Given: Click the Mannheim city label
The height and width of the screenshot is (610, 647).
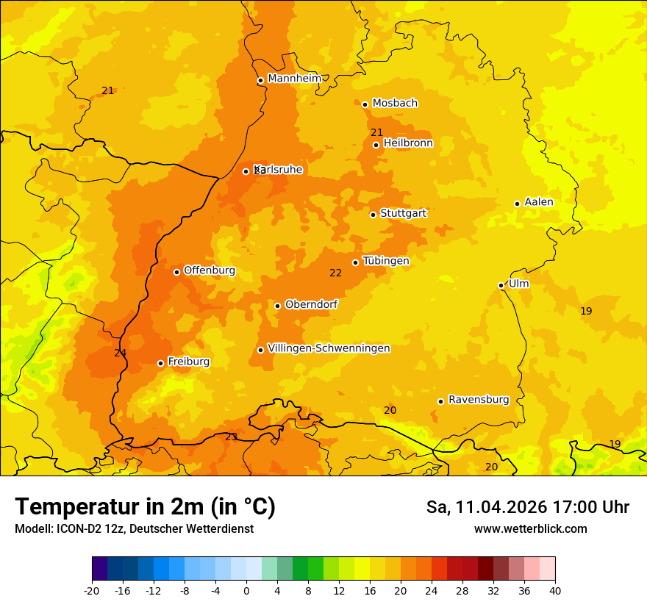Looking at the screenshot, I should pyautogui.click(x=294, y=78).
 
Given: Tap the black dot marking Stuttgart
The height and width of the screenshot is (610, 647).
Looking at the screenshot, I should pyautogui.click(x=373, y=215).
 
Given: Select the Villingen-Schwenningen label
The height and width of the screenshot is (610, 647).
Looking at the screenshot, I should pyautogui.click(x=329, y=348).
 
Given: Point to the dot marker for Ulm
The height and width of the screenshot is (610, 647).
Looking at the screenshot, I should pyautogui.click(x=501, y=285).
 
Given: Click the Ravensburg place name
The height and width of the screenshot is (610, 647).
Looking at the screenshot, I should pyautogui.click(x=479, y=400).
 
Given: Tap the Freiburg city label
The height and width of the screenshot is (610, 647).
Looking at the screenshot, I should pyautogui.click(x=188, y=362).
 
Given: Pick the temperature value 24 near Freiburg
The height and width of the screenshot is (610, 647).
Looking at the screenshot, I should pyautogui.click(x=121, y=354).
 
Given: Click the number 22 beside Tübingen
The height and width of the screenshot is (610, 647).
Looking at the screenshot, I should pyautogui.click(x=336, y=273).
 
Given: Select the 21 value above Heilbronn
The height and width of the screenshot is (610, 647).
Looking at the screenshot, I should pyautogui.click(x=377, y=132).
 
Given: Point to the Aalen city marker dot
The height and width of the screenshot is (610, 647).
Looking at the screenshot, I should pyautogui.click(x=517, y=204).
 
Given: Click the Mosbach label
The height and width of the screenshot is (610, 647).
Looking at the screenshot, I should pyautogui.click(x=395, y=103).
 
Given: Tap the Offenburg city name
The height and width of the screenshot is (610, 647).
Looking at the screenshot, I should pyautogui.click(x=210, y=270).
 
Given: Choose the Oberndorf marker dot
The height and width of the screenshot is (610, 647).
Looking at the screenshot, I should pyautogui.click(x=277, y=306).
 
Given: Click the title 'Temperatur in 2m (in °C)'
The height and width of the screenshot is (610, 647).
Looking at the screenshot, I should pyautogui.click(x=145, y=507).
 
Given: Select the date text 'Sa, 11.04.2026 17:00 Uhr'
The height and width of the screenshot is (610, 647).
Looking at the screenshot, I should pyautogui.click(x=527, y=507).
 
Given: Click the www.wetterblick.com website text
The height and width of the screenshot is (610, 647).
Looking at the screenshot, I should pyautogui.click(x=530, y=528).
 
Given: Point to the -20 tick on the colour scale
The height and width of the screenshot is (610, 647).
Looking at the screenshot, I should pyautogui.click(x=92, y=590).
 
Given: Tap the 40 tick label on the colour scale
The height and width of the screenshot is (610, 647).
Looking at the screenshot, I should pyautogui.click(x=555, y=590).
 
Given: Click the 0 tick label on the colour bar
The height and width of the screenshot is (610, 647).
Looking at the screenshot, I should pyautogui.click(x=246, y=590).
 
